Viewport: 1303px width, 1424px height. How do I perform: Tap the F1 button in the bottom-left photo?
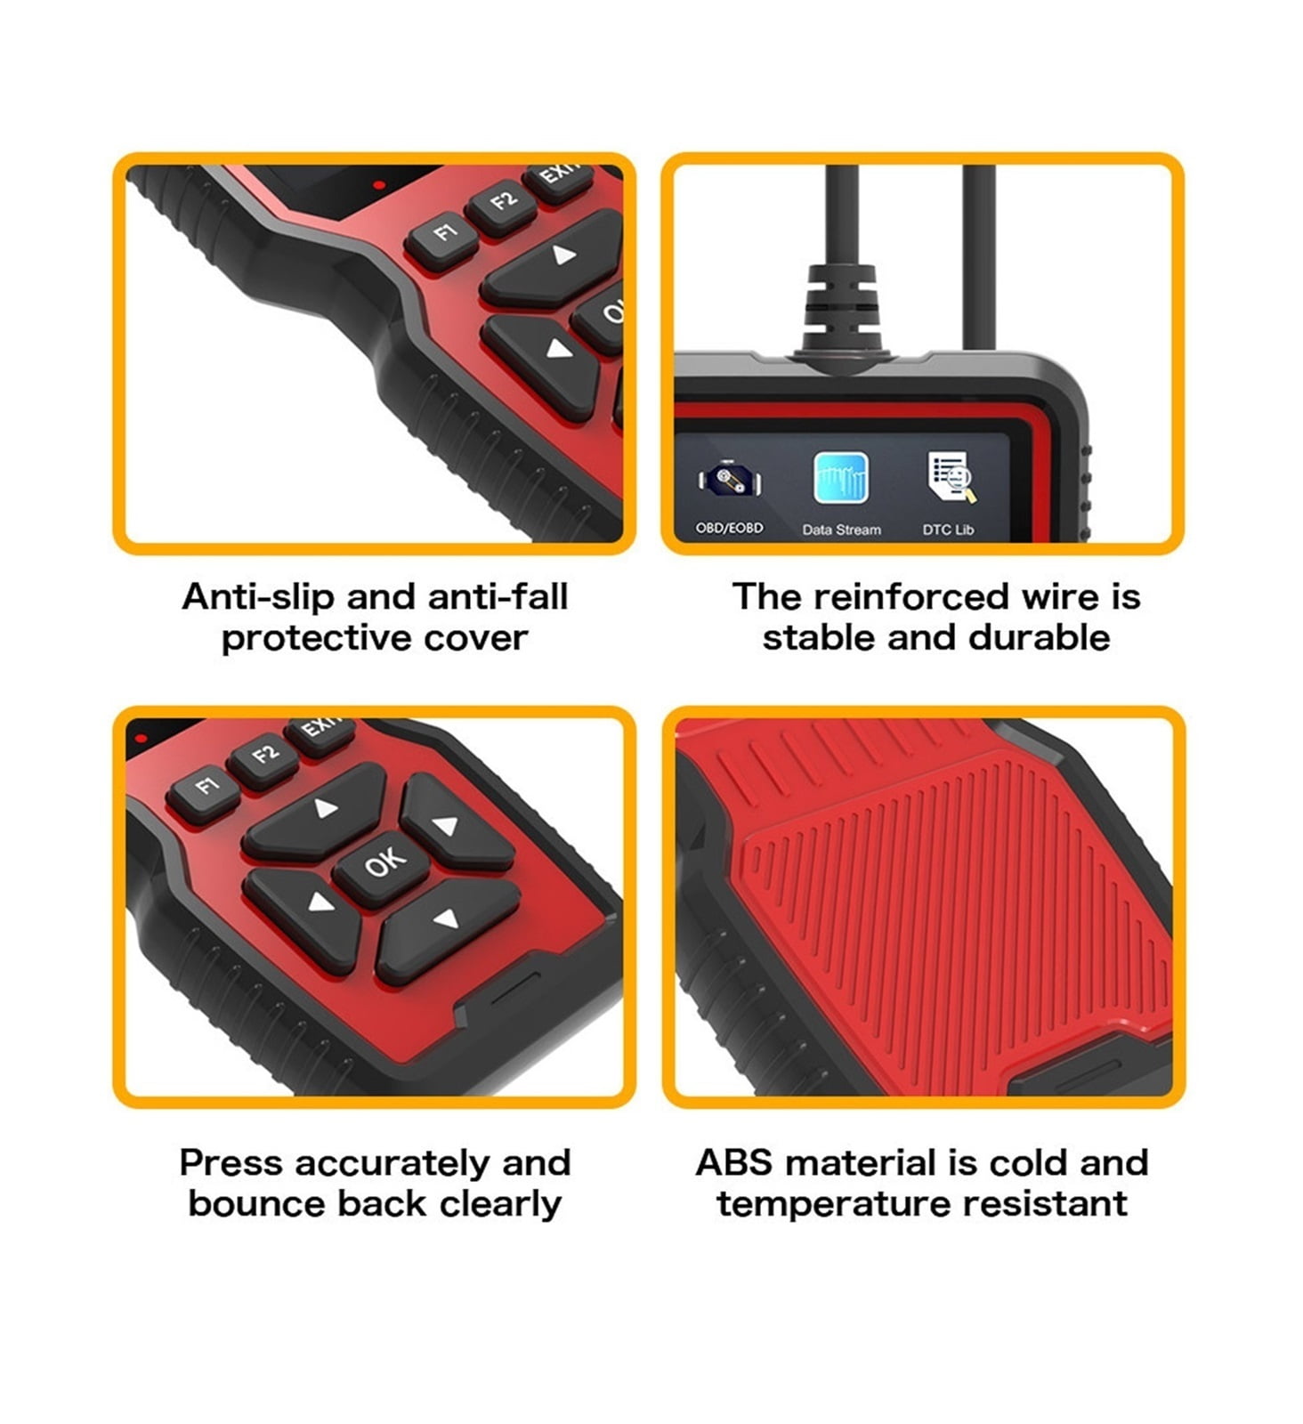tap(204, 787)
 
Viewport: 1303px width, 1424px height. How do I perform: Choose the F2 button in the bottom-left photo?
tap(263, 757)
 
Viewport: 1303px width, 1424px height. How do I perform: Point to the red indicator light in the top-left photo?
tap(379, 185)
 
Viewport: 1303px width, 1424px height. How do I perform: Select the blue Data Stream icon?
tap(840, 479)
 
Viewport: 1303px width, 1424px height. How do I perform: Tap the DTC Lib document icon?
tap(951, 478)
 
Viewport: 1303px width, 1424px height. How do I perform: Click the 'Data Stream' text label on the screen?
tap(841, 530)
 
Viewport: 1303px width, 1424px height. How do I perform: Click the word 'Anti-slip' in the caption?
tap(257, 597)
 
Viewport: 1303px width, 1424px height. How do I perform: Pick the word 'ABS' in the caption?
tap(734, 1163)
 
